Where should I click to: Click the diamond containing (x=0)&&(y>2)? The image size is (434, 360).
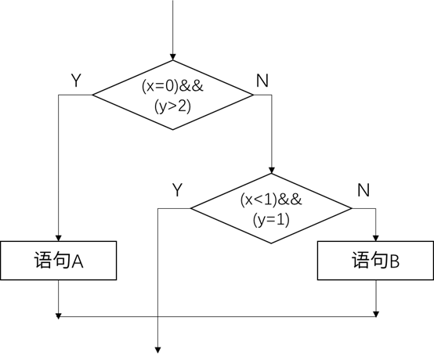(173, 95)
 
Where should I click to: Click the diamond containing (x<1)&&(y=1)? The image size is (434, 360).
(272, 209)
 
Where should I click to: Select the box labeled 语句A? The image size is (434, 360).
(59, 261)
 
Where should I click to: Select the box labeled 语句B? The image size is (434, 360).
(375, 261)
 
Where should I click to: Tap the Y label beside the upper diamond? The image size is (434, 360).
(76, 81)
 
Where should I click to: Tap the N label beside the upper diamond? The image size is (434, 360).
(262, 81)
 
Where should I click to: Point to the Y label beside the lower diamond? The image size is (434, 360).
(177, 190)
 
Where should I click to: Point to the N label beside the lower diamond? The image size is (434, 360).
(363, 190)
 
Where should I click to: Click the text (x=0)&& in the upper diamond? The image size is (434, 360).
(173, 87)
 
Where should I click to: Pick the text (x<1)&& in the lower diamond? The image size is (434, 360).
(272, 200)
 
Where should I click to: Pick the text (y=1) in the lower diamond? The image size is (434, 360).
(272, 219)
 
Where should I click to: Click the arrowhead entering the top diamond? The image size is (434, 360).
(173, 57)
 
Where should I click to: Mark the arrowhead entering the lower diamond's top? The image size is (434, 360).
(272, 170)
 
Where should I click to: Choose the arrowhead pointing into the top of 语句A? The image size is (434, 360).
(59, 237)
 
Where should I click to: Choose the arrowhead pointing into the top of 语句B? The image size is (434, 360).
(377, 237)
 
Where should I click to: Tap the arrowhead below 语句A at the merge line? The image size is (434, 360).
(59, 315)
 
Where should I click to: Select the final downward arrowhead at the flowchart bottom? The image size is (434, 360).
(158, 350)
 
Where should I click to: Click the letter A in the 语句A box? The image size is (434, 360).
(78, 261)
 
